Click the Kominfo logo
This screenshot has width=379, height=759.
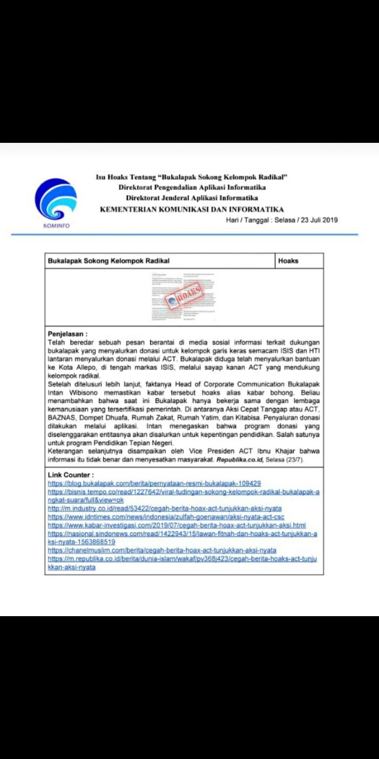pyautogui.click(x=56, y=202)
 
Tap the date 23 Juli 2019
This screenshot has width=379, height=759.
pyautogui.click(x=317, y=220)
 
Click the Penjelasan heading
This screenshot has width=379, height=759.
pyautogui.click(x=68, y=334)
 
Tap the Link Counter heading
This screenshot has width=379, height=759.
pyautogui.click(x=70, y=475)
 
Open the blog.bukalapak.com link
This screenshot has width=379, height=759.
pyautogui.click(x=154, y=483)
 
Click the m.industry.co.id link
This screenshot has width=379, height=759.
pyautogui.click(x=165, y=509)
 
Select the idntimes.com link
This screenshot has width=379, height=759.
pyautogui.click(x=166, y=517)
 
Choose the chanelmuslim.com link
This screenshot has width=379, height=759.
pyautogui.click(x=162, y=550)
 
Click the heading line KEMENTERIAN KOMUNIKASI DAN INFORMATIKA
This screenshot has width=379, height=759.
pyautogui.click(x=191, y=209)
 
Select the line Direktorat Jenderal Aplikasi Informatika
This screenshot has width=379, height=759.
pyautogui.click(x=191, y=198)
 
